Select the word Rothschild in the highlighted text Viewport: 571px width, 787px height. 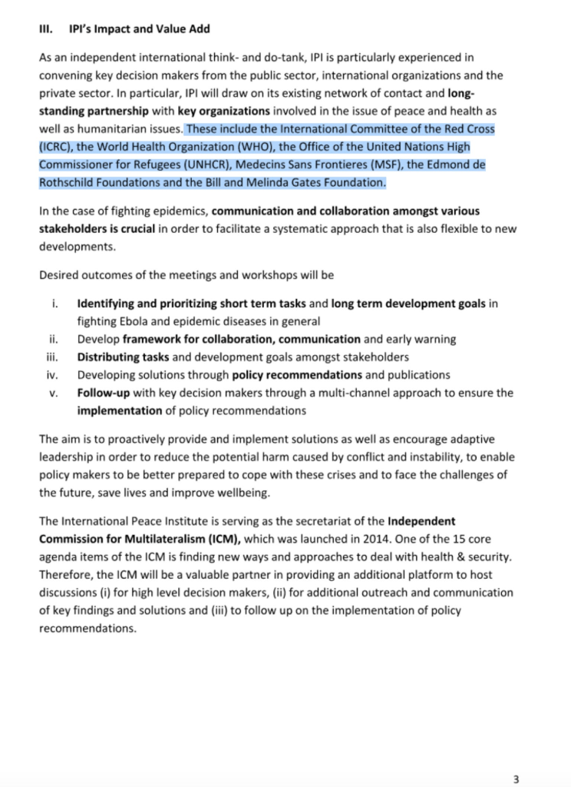69,182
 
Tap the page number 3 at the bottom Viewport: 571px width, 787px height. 517,778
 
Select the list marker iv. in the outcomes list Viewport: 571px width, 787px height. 54,375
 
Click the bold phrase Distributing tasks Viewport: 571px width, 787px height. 118,357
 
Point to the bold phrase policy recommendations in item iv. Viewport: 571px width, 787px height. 297,375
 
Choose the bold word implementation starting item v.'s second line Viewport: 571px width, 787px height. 120,410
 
